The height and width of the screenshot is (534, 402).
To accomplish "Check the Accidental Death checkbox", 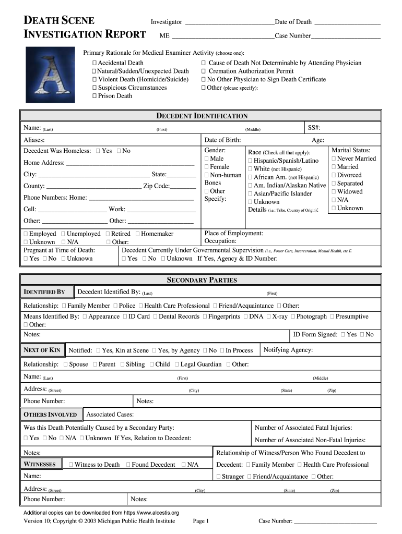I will pyautogui.click(x=94, y=63).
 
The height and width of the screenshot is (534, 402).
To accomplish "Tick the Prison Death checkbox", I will pyautogui.click(x=94, y=96).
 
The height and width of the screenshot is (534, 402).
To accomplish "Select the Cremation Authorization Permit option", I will pyautogui.click(x=204, y=71).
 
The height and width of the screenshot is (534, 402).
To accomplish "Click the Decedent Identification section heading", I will pyautogui.click(x=202, y=116).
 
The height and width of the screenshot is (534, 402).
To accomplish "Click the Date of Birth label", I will pyautogui.click(x=222, y=140).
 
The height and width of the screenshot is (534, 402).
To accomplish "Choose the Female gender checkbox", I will pyautogui.click(x=207, y=167).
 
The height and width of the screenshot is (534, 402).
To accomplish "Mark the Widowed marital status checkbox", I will pyautogui.click(x=334, y=192).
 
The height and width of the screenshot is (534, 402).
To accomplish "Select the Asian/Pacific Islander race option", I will pyautogui.click(x=251, y=194).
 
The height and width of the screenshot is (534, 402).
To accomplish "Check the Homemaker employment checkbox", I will pyautogui.click(x=137, y=234).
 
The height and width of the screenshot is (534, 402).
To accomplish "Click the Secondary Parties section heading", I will pyautogui.click(x=202, y=280).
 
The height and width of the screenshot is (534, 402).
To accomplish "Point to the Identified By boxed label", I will pyautogui.click(x=44, y=292).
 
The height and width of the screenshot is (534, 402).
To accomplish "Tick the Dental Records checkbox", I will pyautogui.click(x=155, y=317).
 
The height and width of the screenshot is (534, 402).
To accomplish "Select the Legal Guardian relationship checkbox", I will pyautogui.click(x=177, y=365).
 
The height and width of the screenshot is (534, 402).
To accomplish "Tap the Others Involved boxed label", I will pyautogui.click(x=51, y=415).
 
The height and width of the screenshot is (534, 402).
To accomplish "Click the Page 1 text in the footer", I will pyautogui.click(x=200, y=521).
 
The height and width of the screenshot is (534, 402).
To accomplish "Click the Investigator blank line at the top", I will pyautogui.click(x=229, y=22).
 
